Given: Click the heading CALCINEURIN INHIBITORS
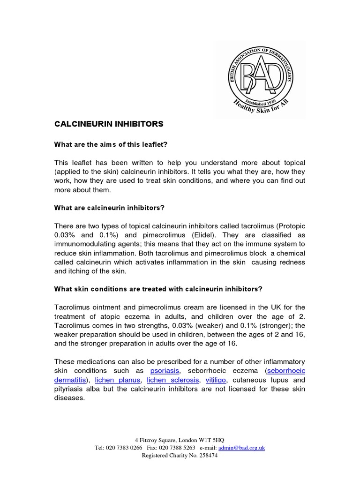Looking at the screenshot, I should (109, 124).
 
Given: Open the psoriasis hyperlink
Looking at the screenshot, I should (165, 371).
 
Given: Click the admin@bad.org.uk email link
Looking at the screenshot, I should (241, 448).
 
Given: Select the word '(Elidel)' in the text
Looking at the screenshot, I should (198, 235).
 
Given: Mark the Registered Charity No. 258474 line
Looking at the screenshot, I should (180, 455).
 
